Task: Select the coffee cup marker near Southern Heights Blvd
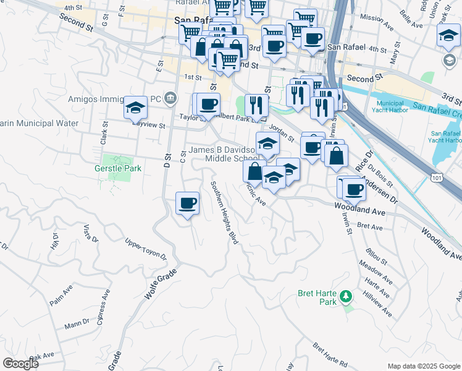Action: pos(187,203)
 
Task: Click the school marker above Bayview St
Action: pos(135,108)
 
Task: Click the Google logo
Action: pos(21,364)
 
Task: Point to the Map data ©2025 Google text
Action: pos(423,366)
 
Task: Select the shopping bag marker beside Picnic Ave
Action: pos(254,172)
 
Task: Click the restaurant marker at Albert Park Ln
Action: pos(255,105)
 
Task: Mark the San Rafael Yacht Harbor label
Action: pos(445,137)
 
